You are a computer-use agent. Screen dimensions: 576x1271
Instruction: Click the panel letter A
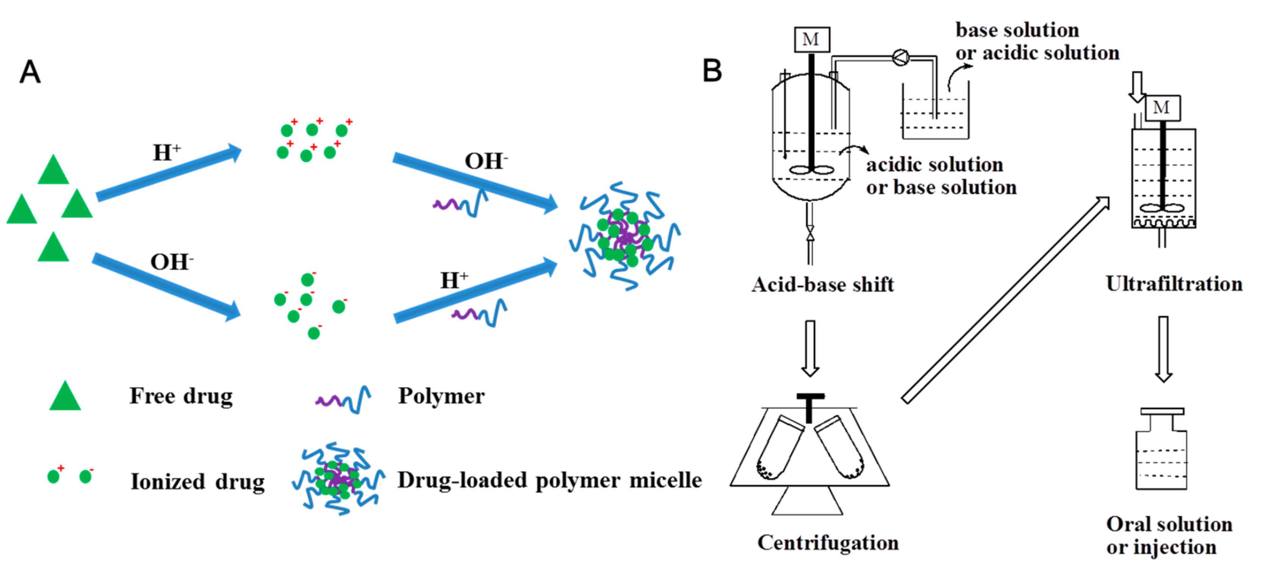click(30, 72)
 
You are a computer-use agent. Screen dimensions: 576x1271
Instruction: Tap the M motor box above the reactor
click(811, 39)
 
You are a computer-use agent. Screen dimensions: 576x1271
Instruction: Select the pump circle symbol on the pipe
click(901, 58)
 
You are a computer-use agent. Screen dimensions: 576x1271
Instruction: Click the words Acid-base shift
click(822, 285)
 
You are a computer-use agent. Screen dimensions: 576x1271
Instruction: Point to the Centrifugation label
click(828, 543)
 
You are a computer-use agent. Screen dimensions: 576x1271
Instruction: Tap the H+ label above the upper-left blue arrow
click(166, 153)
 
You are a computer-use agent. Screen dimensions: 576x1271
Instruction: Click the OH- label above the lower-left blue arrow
click(171, 262)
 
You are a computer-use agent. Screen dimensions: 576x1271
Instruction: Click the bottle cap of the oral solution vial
click(1162, 411)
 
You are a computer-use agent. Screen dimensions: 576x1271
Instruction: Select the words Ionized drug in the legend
click(197, 482)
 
